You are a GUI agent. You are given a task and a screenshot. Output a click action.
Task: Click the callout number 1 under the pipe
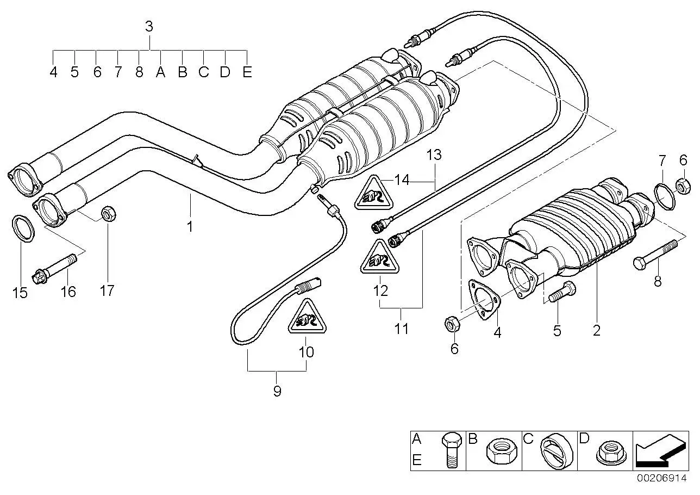190,227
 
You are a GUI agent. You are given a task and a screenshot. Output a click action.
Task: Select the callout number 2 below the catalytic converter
596,331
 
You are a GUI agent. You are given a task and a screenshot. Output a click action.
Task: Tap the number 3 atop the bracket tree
149,27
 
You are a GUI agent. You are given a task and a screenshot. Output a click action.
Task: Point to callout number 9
277,391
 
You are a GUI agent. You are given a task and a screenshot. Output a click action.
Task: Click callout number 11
402,329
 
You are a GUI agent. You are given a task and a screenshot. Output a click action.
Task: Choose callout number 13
434,155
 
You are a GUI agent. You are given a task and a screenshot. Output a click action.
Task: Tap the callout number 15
20,293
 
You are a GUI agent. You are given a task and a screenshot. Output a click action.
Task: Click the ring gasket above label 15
23,228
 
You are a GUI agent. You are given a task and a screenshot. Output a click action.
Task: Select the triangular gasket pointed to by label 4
484,300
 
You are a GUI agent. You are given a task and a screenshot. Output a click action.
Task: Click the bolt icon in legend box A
452,450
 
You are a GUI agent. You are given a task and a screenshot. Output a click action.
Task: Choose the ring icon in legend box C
557,450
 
